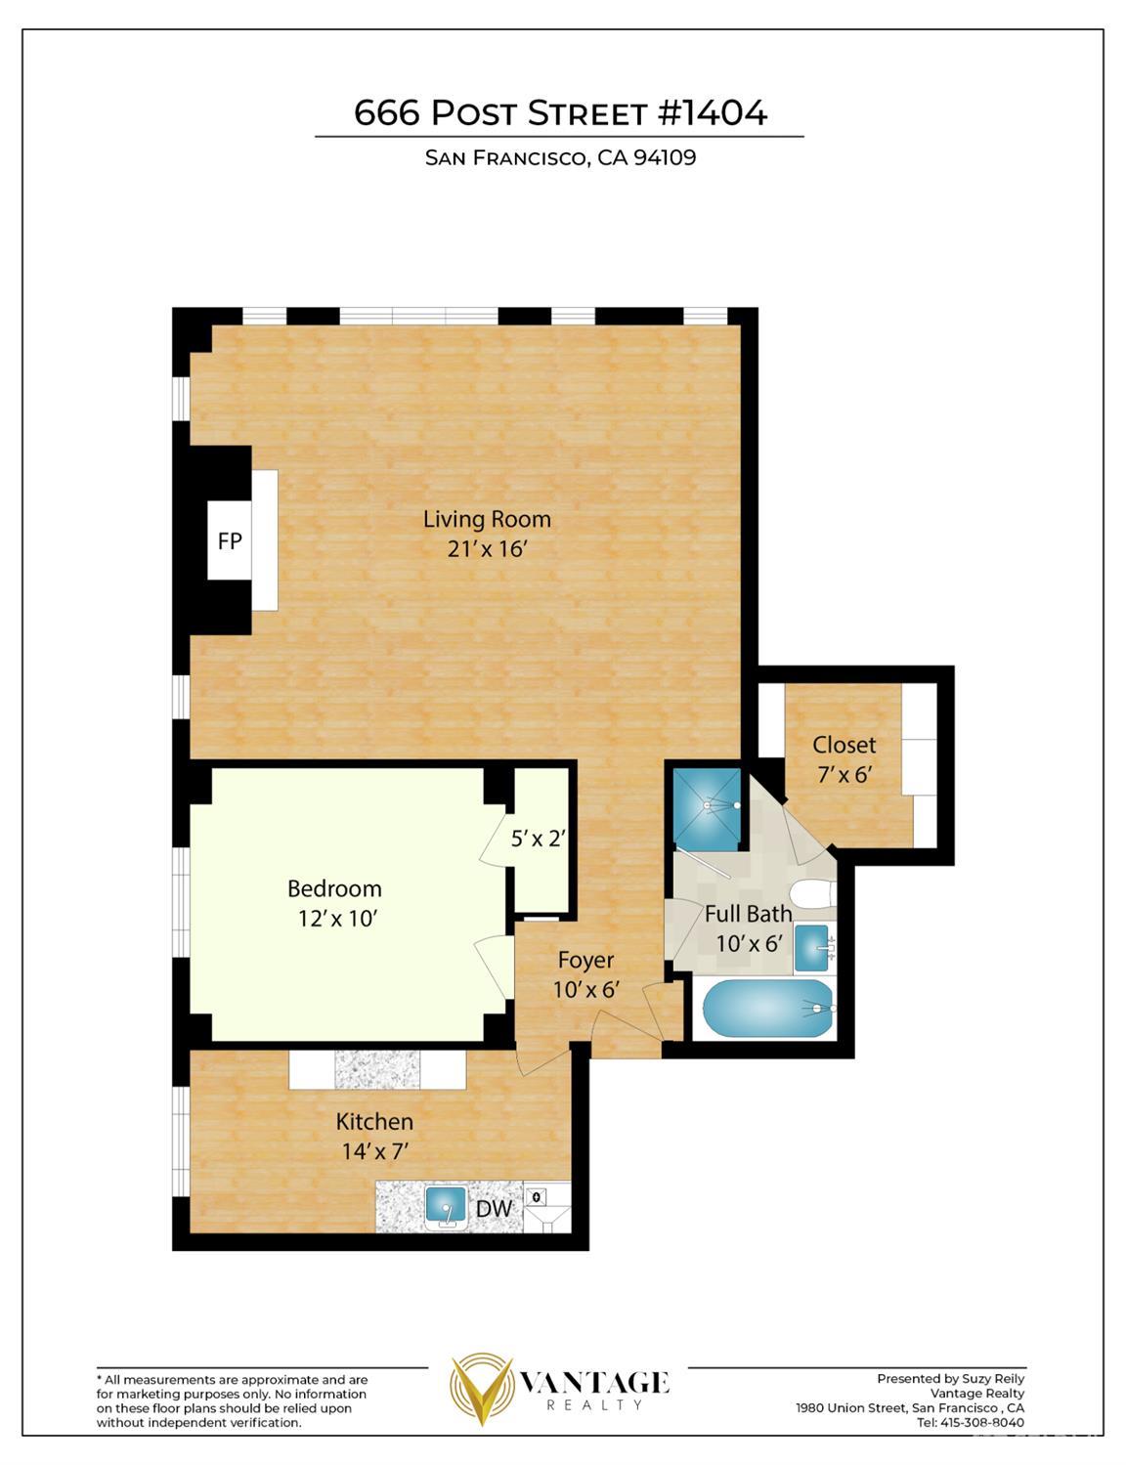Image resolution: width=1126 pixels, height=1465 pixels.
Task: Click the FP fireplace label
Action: (x=230, y=541)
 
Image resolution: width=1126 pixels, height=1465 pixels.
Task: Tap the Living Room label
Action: (x=487, y=520)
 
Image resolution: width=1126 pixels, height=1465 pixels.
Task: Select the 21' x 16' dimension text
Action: (x=486, y=549)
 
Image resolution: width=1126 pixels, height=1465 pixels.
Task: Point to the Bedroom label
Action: (x=334, y=888)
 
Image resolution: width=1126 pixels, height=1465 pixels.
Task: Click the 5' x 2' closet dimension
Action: (x=538, y=840)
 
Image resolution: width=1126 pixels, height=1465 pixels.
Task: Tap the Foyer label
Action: (x=585, y=960)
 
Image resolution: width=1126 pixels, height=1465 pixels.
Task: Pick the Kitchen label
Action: (x=374, y=1122)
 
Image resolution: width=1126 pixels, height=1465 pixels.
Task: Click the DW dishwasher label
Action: (x=494, y=1209)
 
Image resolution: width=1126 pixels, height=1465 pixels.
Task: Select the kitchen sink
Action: (x=446, y=1207)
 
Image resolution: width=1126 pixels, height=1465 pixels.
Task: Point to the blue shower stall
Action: (x=708, y=808)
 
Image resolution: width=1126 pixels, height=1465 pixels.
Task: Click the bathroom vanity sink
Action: (x=813, y=949)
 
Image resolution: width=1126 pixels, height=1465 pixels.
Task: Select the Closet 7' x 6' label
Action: (x=844, y=759)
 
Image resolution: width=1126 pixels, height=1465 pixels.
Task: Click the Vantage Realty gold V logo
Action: (x=482, y=1389)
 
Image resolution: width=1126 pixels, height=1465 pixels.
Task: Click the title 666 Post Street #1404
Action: (x=560, y=112)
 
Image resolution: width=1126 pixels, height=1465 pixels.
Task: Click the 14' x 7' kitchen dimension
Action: (x=375, y=1151)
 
